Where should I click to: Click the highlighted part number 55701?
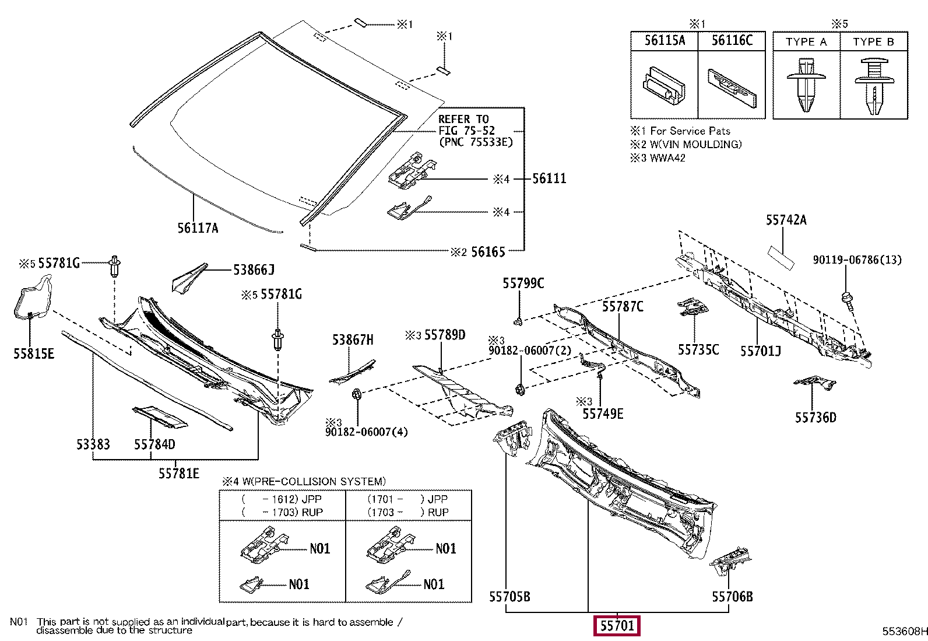coord(617,626)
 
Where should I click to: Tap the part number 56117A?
coord(198,228)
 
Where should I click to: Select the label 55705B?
coord(509,596)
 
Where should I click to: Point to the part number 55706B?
coord(732,596)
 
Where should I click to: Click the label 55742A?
coord(786,220)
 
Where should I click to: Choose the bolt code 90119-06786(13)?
coord(857,260)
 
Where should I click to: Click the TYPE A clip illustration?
coord(806,84)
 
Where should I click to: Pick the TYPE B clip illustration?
coord(874,85)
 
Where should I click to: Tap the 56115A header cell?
coord(665,40)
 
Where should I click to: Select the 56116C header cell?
coord(732,40)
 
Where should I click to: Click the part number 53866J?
coord(254,269)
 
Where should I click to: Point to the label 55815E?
coord(34,353)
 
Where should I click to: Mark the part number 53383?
coord(93,444)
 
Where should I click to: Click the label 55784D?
coord(154,444)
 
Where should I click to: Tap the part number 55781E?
coord(179,473)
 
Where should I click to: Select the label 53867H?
coord(353,339)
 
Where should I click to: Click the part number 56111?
coord(549,178)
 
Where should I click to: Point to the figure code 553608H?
coord(904,631)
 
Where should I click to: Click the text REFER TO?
coord(463,119)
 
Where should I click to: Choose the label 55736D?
coord(815,417)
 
